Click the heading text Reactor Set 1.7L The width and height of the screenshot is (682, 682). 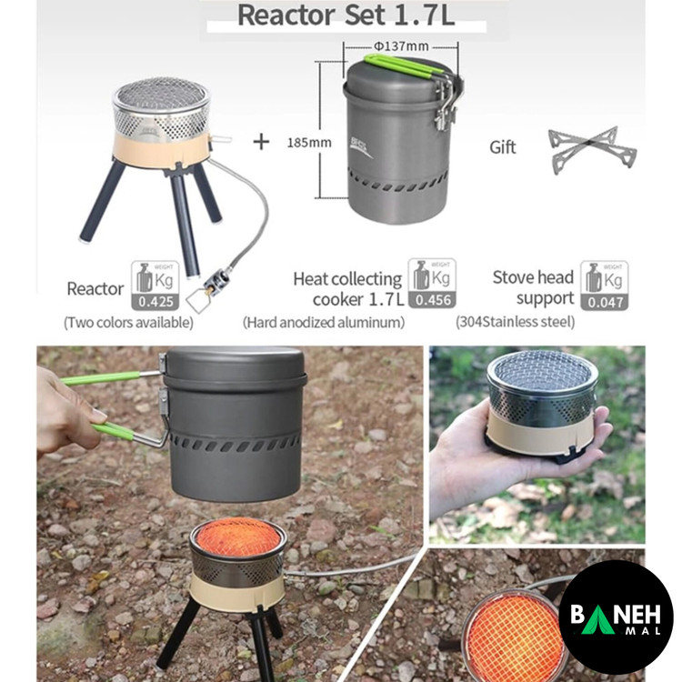346,15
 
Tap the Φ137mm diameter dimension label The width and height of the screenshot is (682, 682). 401,45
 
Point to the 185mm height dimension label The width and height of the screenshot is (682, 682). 309,142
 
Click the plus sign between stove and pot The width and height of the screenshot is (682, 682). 261,142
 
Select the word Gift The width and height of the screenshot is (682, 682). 502,147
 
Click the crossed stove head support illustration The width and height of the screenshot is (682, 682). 592,150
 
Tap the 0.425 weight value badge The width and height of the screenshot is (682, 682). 155,301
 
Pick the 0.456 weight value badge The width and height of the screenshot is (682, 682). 432,300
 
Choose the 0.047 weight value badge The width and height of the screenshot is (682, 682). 605,302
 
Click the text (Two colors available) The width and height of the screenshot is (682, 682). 129,323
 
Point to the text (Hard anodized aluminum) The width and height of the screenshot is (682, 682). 324,322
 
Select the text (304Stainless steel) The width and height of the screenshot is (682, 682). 516,322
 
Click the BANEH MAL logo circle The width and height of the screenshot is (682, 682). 616,617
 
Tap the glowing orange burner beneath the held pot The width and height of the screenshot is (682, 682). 238,537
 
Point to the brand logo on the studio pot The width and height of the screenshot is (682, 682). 361,147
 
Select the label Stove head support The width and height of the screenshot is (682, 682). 533,287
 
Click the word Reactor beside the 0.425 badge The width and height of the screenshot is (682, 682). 95,289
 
